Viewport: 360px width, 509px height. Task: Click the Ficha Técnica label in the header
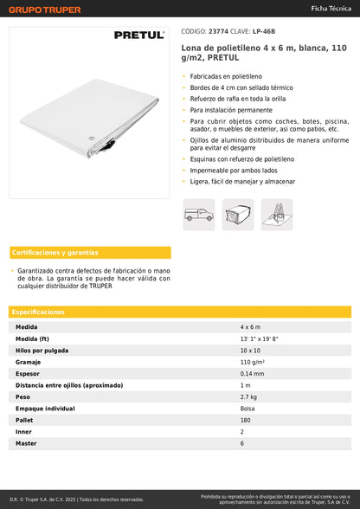tap(331, 8)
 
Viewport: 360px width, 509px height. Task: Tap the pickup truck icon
tap(198, 214)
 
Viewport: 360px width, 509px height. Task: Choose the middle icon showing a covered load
tap(238, 214)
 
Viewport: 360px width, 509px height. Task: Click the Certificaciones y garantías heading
tap(55, 253)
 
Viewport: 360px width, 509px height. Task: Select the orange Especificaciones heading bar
tap(180, 312)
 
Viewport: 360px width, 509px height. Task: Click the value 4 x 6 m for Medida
tap(253, 328)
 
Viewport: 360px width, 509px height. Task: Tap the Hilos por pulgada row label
tap(43, 351)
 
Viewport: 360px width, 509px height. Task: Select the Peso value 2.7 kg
tap(249, 396)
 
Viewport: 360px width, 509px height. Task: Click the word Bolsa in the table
tap(247, 408)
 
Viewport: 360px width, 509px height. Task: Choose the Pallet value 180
tap(245, 420)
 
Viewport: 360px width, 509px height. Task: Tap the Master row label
tap(27, 443)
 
